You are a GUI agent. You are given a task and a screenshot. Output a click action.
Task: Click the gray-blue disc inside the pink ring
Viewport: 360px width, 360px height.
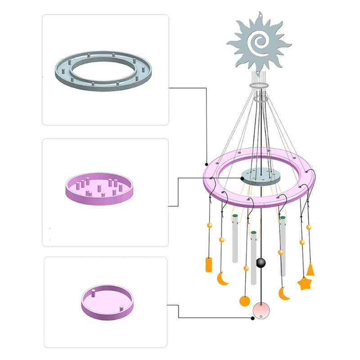[260, 176]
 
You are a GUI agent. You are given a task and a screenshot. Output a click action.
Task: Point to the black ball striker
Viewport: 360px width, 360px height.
[261, 263]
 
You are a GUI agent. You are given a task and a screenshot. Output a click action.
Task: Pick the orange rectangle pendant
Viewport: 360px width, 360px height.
[208, 264]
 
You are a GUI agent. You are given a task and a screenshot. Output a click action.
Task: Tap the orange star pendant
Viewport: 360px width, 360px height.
[305, 283]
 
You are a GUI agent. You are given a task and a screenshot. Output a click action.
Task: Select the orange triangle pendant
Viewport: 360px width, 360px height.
[310, 270]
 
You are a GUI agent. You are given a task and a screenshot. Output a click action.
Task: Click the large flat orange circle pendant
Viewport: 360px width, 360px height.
[244, 301]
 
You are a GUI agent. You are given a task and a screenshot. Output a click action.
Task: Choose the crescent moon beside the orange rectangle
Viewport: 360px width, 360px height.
[222, 279]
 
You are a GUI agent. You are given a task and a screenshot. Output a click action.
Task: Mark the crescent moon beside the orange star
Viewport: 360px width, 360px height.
[283, 293]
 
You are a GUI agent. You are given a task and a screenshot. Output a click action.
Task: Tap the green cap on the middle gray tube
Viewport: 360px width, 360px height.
[254, 233]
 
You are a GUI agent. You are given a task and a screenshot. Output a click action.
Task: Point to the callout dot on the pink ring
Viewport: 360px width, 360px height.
[206, 164]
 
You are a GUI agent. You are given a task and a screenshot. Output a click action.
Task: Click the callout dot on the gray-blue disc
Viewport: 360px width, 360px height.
[242, 178]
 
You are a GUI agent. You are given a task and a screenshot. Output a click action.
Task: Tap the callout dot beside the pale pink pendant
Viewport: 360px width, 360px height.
[252, 318]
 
